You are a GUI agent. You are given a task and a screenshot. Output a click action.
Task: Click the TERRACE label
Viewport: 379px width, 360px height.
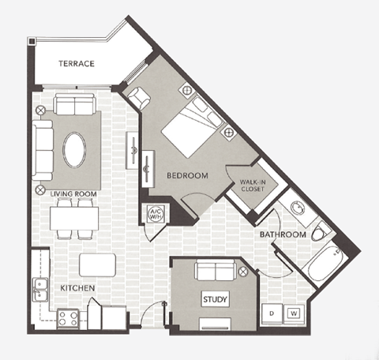[77, 63]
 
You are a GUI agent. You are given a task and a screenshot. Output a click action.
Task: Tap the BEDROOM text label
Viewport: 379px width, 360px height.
[186, 176]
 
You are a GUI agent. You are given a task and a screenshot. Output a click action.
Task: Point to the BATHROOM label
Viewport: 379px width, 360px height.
[283, 234]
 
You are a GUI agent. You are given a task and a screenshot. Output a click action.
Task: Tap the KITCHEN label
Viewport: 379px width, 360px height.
[77, 289]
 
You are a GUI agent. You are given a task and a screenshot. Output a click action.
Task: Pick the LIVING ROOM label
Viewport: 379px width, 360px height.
[73, 193]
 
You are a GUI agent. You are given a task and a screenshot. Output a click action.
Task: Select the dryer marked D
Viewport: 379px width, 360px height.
[272, 313]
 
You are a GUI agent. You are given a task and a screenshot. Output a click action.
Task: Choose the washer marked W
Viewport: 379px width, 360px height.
[294, 313]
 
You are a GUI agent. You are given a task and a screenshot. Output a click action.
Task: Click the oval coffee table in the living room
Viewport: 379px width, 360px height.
[75, 150]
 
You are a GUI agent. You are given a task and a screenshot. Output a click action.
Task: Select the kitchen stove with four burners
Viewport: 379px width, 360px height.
[68, 317]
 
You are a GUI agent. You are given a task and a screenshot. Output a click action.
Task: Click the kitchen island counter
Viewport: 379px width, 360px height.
[97, 264]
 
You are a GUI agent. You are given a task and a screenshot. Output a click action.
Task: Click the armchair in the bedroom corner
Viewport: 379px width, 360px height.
[138, 98]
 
